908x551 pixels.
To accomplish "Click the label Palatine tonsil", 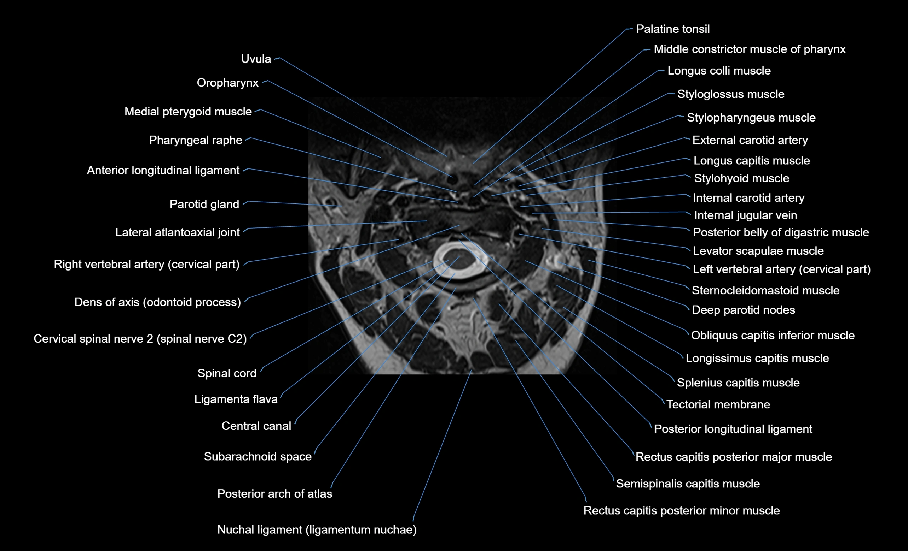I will (672, 29).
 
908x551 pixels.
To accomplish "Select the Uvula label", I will (256, 59).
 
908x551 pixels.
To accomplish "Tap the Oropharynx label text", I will (227, 83).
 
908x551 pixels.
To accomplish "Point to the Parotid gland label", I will (204, 204).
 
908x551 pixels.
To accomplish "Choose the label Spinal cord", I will (227, 373).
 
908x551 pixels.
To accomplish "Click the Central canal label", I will (256, 426).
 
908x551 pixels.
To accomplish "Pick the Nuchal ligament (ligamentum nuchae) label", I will (317, 530).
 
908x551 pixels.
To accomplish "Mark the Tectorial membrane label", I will (718, 404).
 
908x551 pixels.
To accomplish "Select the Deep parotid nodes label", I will (743, 310).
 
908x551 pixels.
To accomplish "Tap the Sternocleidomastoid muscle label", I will (765, 290).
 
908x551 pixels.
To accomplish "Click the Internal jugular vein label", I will (745, 215).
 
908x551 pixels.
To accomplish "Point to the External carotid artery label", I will (750, 140).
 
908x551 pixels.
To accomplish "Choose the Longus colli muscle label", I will (719, 71).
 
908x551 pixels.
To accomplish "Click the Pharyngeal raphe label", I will (195, 140).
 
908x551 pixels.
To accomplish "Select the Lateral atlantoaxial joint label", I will (177, 233).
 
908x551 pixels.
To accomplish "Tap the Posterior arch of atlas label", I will (274, 493).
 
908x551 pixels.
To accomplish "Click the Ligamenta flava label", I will (236, 399).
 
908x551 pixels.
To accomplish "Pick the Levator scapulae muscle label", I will (758, 251).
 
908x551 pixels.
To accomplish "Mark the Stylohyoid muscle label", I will (741, 178).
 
